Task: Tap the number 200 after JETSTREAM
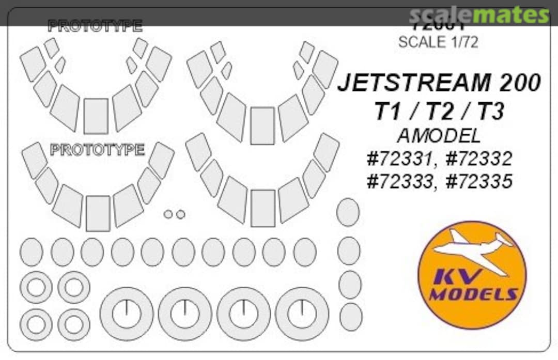tap(516, 83)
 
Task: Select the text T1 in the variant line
tap(388, 111)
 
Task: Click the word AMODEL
tap(439, 136)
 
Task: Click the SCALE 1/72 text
tap(438, 42)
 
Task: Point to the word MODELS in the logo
tap(473, 295)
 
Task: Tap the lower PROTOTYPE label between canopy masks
tap(98, 150)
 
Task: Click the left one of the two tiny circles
tap(168, 214)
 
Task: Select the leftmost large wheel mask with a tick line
tap(127, 314)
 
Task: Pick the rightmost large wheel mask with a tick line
tap(302, 314)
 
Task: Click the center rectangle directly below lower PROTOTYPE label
tap(98, 213)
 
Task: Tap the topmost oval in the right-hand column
tap(348, 212)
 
